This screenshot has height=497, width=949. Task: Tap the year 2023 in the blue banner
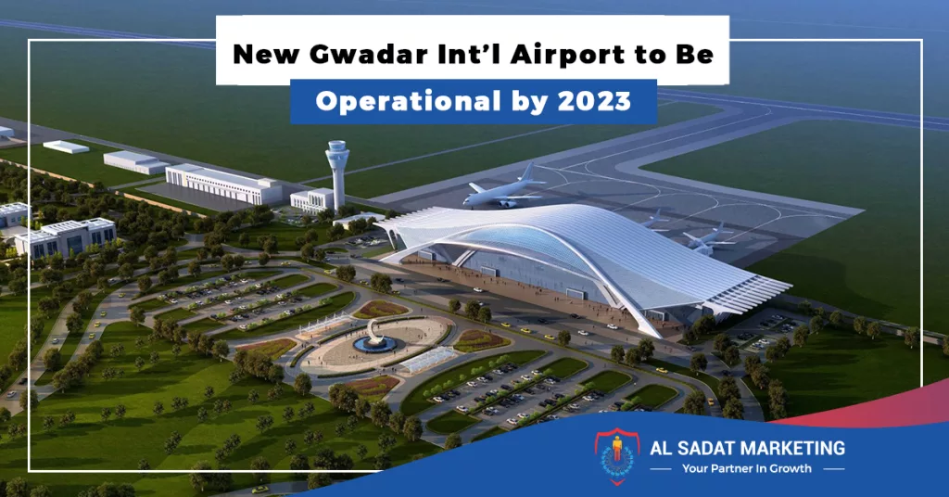594,101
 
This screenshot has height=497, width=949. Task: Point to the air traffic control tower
336,174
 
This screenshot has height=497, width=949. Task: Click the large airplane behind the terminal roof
503,189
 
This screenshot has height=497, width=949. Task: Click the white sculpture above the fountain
375,330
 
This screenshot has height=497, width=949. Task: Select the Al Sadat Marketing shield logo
616,455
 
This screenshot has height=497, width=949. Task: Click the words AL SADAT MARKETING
748,448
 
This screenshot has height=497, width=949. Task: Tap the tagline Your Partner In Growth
747,468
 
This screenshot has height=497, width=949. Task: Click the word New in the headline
266,55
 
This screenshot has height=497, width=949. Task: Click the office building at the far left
66,236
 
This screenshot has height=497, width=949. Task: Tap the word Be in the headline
695,55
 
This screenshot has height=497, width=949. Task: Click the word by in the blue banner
529,102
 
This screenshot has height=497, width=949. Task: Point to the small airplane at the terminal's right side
706,237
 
